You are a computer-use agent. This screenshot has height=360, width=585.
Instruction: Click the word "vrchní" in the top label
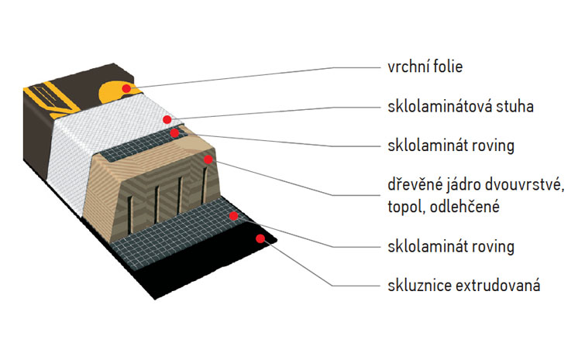[405, 67]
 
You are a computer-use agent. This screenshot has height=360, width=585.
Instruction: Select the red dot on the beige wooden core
[208, 159]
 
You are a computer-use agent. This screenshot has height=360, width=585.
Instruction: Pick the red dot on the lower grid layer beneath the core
[234, 216]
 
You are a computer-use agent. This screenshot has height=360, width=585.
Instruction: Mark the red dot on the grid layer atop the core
[175, 133]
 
